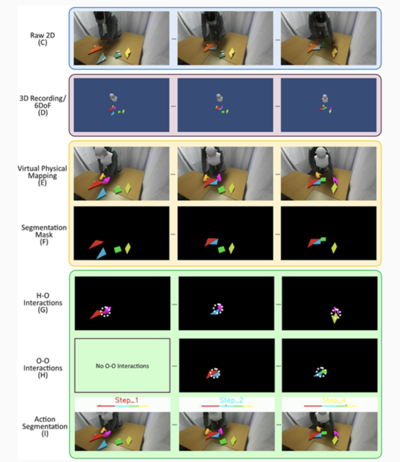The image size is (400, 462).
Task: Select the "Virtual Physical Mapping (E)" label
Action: (x=42, y=172)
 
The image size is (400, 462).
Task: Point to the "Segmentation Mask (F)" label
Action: (x=44, y=235)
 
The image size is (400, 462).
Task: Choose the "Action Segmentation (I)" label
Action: (x=44, y=426)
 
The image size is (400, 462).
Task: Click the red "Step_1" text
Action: (x=123, y=401)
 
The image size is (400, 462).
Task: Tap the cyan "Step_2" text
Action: (x=226, y=401)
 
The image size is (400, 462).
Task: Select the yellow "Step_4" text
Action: (x=329, y=401)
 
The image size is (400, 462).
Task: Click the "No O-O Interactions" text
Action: (x=123, y=366)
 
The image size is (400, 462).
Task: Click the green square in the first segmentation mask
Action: (x=118, y=249)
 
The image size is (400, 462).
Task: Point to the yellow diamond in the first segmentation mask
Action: (x=128, y=248)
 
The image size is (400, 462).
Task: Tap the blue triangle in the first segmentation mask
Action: (x=101, y=254)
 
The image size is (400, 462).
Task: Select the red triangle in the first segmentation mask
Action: (x=95, y=244)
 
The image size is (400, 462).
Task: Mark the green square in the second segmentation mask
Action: (x=221, y=249)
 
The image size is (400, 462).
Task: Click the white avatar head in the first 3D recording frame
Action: (x=114, y=97)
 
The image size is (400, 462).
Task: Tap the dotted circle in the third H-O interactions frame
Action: (x=336, y=313)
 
